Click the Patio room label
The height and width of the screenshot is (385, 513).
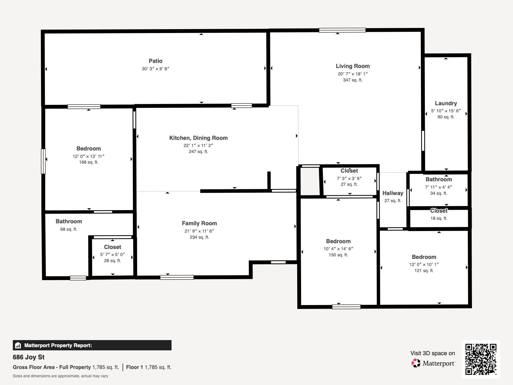pyautogui.click(x=156, y=61)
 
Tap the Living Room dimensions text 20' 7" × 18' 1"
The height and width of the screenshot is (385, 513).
pyautogui.click(x=352, y=74)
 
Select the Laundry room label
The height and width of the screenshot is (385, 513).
pyautogui.click(x=446, y=103)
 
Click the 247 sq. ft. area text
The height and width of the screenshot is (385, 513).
pyautogui.click(x=198, y=151)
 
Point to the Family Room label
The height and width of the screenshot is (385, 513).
pyautogui.click(x=199, y=223)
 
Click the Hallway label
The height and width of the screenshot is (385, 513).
pyautogui.click(x=393, y=193)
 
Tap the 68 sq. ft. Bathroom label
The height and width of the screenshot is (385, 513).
pyautogui.click(x=69, y=221)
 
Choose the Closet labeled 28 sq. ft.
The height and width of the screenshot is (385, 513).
pyautogui.click(x=113, y=247)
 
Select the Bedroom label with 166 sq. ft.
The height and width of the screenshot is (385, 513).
pyautogui.click(x=88, y=149)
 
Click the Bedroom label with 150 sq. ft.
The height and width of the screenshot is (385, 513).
pyautogui.click(x=338, y=241)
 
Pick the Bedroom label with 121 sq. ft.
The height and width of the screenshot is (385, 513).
pyautogui.click(x=424, y=257)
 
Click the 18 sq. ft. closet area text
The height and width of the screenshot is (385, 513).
pyautogui.click(x=439, y=218)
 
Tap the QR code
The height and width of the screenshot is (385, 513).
pyautogui.click(x=481, y=359)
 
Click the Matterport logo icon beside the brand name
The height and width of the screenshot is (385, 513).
pyautogui.click(x=416, y=363)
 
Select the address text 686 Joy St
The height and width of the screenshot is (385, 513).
pyautogui.click(x=29, y=357)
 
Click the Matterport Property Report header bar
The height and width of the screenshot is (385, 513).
pyautogui.click(x=92, y=345)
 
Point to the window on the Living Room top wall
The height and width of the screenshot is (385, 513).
pyautogui.click(x=342, y=30)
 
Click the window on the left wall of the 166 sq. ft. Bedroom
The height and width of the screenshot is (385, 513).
pyautogui.click(x=43, y=161)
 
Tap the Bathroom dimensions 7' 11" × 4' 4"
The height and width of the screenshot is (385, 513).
pyautogui.click(x=438, y=187)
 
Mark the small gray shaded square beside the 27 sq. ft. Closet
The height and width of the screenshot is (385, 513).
pyautogui.click(x=310, y=181)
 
